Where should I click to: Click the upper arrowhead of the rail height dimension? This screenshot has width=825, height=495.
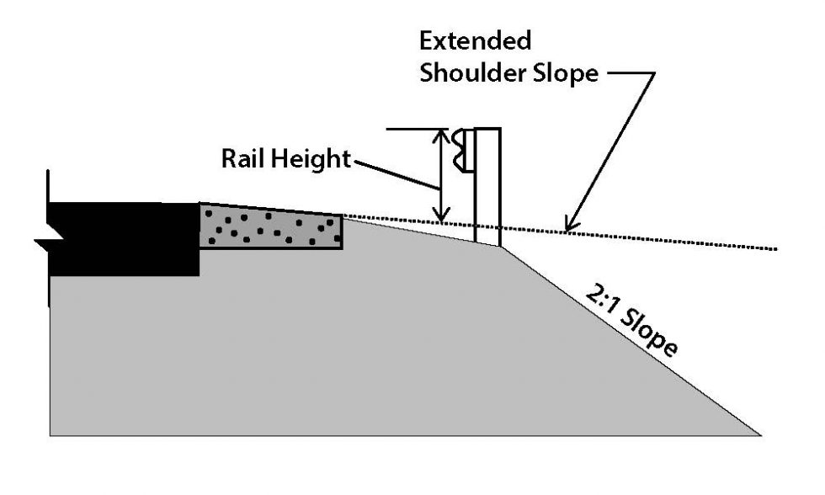[439, 135]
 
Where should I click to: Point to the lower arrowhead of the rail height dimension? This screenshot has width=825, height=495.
[439, 217]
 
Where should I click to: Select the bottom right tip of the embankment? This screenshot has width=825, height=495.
[759, 434]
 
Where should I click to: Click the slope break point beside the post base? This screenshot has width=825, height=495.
[503, 247]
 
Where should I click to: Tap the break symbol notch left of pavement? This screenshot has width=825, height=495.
[41, 242]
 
